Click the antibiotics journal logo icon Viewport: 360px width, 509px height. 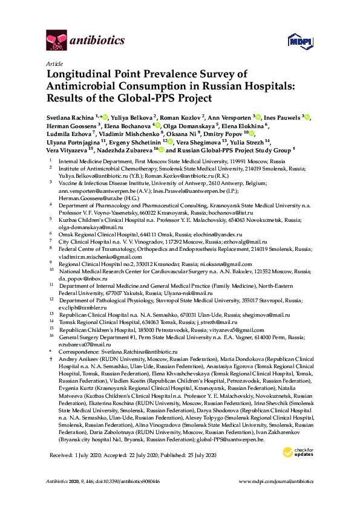click(56, 41)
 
